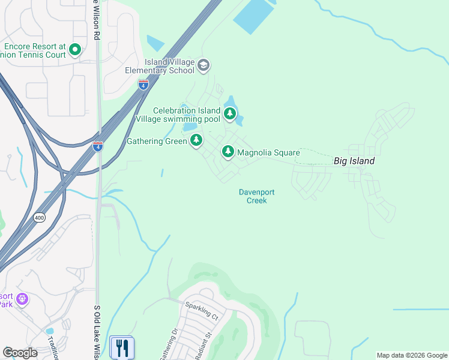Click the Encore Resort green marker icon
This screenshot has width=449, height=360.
pos(75,49)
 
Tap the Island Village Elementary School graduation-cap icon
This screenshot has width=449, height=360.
pos(203,65)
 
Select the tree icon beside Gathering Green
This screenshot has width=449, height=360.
pos(196,141)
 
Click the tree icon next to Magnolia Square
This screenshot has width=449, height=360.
pos(228,152)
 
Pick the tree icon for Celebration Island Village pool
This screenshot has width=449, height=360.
pos(229,113)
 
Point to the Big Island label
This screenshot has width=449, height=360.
pos(354,161)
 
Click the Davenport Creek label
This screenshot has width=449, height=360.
pos(256,196)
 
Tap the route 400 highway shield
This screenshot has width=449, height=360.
pos(40,217)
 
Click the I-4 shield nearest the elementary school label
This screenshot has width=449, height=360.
pos(143,85)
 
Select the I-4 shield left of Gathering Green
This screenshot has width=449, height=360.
pos(98,146)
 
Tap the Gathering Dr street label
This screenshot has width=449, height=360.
pos(168,344)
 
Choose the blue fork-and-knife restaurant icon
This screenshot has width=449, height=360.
pos(122,348)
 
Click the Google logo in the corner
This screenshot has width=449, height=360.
pos(20,353)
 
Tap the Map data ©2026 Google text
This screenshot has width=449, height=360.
pos(411,355)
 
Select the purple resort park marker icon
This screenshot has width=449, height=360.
pos(22,298)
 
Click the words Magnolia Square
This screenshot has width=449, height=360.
pos(268,153)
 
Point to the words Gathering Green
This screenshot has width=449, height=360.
pos(157,142)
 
